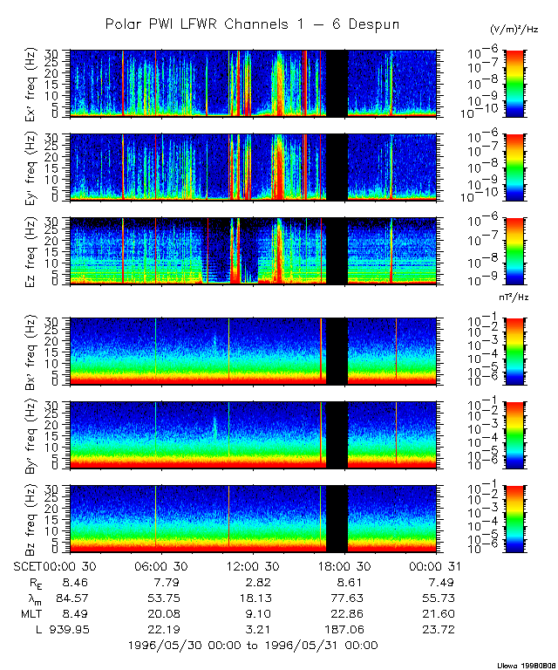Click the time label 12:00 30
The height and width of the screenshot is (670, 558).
coord(252,565)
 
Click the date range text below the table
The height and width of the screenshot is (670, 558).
coord(252,645)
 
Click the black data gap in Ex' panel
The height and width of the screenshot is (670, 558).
coord(337,82)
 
